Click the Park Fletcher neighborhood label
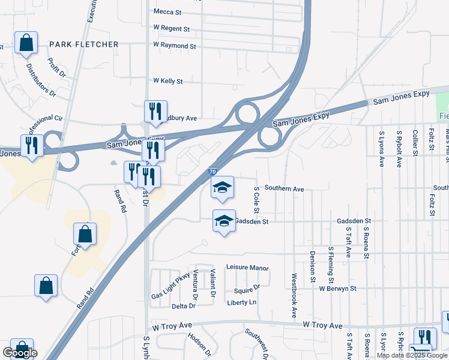pos(84,44)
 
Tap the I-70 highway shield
pos(213,172)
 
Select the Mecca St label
pos(167,11)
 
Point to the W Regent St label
pos(171,28)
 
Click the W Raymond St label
pos(174,46)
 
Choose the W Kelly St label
pos(167,80)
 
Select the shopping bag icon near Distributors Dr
pos(26,43)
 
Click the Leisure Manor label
pos(247,268)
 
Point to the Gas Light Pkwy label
pos(170,287)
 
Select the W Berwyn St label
pos(338,289)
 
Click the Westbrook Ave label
pos(294,296)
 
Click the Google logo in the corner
pos(20,353)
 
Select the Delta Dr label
pos(184,306)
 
